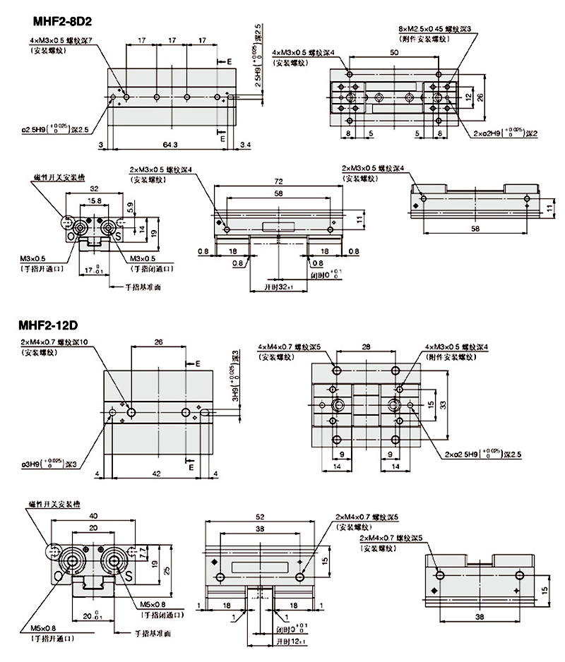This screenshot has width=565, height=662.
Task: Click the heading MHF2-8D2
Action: (x=52, y=20)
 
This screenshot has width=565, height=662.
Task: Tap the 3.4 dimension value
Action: (x=245, y=144)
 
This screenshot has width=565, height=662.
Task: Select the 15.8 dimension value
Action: (x=93, y=201)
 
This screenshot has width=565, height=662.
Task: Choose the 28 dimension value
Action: (x=367, y=347)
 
